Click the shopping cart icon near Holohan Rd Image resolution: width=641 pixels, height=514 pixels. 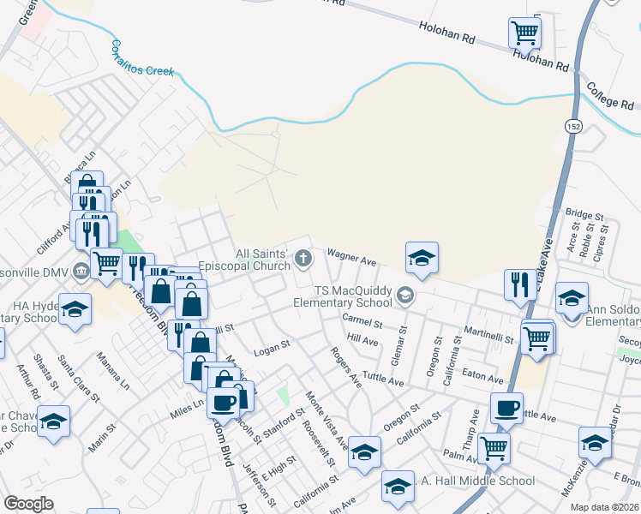[524, 33]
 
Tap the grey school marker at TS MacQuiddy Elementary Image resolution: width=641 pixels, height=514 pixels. [404, 296]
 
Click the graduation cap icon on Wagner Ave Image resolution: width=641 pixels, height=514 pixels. [422, 257]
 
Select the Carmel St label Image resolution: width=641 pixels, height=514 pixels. [361, 322]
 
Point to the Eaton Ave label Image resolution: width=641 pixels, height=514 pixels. [482, 376]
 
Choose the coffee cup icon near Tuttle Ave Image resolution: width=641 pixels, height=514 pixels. [506, 408]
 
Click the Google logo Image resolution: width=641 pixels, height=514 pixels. [29, 503]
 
